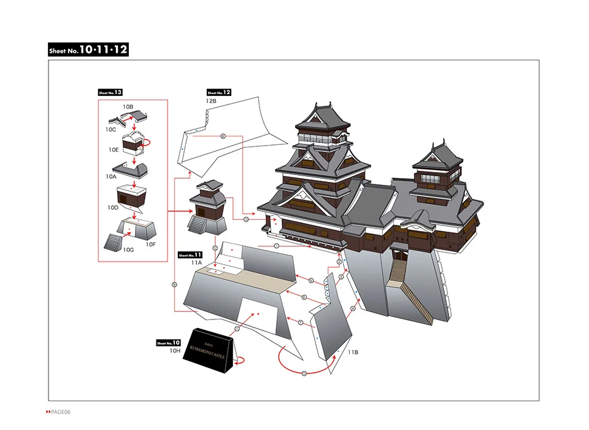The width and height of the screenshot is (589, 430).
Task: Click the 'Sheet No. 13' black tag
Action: pos(110,93)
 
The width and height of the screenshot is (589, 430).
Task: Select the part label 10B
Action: pos(128,107)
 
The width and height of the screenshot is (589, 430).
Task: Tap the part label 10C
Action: pos(110,130)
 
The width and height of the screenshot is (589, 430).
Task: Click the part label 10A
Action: pos(110,176)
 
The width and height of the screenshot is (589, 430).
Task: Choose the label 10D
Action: pos(112,208)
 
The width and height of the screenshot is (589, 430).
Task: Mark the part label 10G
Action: pos(128,250)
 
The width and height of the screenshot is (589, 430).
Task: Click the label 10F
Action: pos(151,244)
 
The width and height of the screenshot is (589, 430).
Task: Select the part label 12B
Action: pos(212,100)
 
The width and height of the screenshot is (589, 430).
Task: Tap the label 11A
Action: pos(196,262)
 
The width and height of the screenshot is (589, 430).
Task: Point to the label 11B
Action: pos(353,353)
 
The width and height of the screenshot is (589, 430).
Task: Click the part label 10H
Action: pos(175,351)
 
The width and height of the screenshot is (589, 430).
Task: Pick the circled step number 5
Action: pos(311,280)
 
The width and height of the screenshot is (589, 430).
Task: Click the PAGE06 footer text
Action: pos(59,411)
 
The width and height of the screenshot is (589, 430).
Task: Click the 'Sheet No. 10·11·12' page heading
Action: pos(88,50)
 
